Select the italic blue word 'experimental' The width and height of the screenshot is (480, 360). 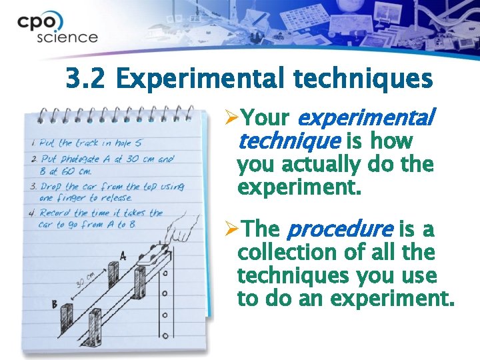(x=365, y=119)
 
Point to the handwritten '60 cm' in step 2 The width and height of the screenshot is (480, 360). (x=77, y=171)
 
